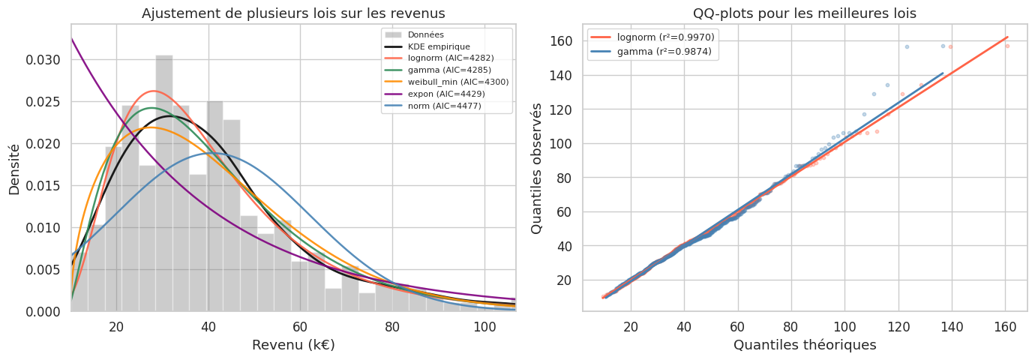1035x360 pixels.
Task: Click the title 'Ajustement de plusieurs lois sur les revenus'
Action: (x=293, y=13)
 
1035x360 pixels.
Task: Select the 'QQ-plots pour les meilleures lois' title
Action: (x=805, y=13)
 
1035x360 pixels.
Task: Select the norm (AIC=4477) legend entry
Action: (x=449, y=106)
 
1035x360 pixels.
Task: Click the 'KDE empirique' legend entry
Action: (x=444, y=46)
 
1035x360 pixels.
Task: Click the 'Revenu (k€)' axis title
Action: (x=293, y=345)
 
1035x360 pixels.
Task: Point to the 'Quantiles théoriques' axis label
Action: (x=805, y=345)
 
